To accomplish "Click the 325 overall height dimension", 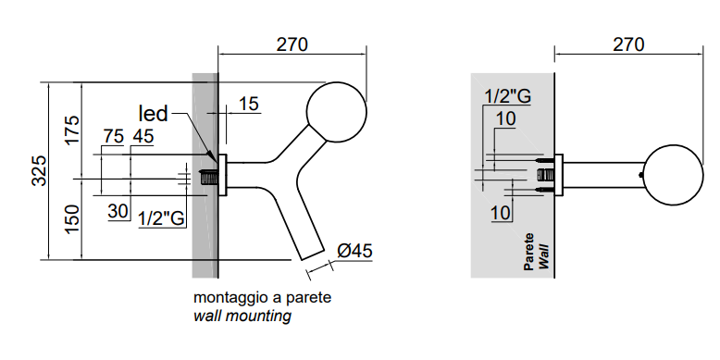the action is [x=39, y=171].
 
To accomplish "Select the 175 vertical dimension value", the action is [x=71, y=130].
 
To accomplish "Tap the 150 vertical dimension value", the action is [x=71, y=219].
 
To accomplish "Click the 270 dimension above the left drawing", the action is [x=292, y=44].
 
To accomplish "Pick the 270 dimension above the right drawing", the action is [x=628, y=44].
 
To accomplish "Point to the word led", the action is [x=154, y=114].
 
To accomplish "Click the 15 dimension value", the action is [x=249, y=104].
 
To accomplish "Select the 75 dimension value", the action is [x=114, y=136].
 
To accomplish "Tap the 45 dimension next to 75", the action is [x=143, y=136].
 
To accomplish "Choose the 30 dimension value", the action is [x=118, y=211].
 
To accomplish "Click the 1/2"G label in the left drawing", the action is [x=162, y=218].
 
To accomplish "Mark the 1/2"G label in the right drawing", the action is [x=508, y=96].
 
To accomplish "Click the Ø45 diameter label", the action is [x=354, y=251].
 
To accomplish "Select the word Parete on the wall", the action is [x=529, y=252].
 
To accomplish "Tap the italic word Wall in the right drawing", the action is [x=543, y=257].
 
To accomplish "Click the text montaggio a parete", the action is [x=262, y=298].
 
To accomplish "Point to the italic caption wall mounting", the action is [x=242, y=316].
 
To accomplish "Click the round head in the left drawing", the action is [x=337, y=112].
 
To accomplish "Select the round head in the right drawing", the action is [x=673, y=175].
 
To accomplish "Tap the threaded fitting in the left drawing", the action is [x=209, y=178].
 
